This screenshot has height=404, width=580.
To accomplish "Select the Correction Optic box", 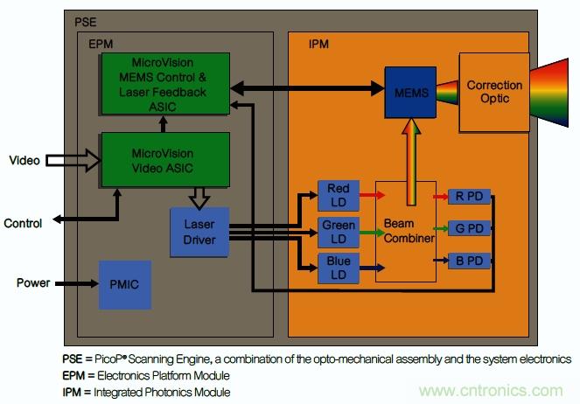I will [493, 92].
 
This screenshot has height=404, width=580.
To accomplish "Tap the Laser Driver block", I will [199, 232].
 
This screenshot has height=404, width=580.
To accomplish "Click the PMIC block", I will [125, 284].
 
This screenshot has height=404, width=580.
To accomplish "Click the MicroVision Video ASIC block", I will [165, 161].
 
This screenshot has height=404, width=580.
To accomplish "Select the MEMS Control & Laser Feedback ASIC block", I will [165, 81].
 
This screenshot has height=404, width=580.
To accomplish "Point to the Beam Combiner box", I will [405, 231].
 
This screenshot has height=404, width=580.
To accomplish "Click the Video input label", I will [24, 160].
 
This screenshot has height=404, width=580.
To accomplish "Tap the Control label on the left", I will [23, 223].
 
